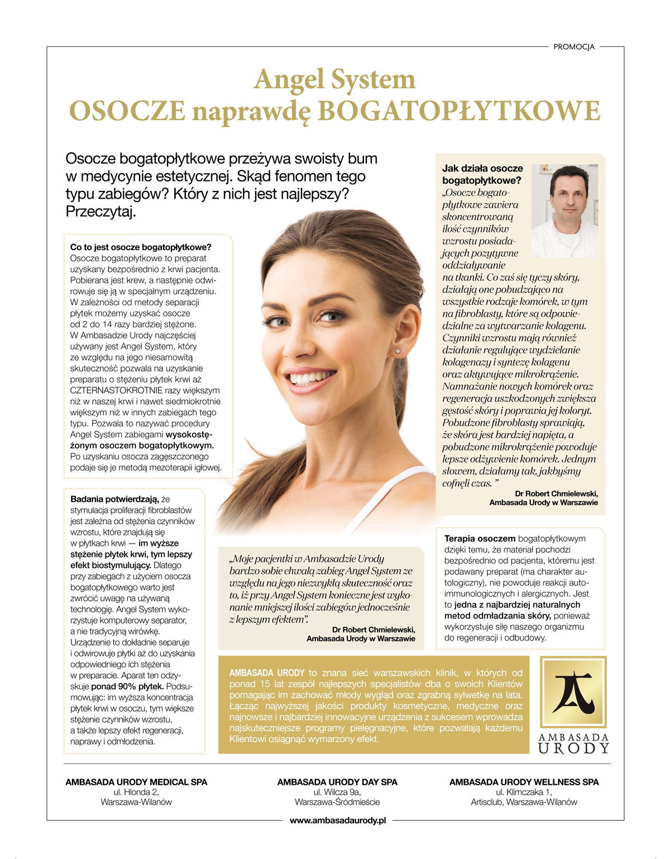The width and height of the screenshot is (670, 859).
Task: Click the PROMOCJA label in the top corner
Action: click(573, 47)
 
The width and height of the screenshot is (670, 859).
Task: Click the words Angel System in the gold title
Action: click(334, 79)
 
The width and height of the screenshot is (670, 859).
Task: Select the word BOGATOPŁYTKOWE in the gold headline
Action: click(458, 111)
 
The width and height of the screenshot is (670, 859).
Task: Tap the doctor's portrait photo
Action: click(564, 211)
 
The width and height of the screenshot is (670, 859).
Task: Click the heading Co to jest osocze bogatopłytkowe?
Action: click(141, 247)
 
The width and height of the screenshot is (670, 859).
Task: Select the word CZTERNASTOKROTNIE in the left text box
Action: click(116, 391)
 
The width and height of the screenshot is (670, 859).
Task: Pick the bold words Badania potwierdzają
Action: click(114, 499)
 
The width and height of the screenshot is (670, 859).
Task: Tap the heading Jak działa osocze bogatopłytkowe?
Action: click(482, 174)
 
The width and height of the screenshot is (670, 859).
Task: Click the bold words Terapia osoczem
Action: click(480, 539)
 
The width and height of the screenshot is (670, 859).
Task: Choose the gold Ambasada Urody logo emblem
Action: click(573, 692)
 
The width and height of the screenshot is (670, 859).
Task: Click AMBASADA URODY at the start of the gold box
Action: click(267, 673)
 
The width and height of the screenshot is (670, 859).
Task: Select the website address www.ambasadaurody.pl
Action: click(338, 820)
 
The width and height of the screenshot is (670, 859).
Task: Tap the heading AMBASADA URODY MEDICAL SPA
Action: click(136, 782)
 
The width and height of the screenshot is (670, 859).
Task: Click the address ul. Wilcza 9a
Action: click(337, 792)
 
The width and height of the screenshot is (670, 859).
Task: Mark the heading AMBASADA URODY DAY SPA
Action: click(337, 782)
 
